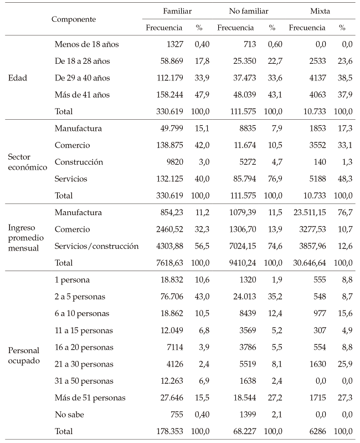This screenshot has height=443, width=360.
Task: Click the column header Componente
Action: click(x=74, y=19)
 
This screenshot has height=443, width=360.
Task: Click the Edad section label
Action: click(x=18, y=78)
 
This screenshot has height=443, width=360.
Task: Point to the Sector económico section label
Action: click(x=27, y=162)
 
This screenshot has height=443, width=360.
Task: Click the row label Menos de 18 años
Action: click(x=86, y=44)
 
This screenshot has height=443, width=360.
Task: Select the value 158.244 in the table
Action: click(x=169, y=95)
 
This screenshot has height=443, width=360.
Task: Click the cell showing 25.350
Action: click(x=242, y=61)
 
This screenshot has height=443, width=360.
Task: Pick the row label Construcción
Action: click(x=79, y=162)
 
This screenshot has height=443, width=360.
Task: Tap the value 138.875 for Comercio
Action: click(x=169, y=146)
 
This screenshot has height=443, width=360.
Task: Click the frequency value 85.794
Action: click(x=242, y=179)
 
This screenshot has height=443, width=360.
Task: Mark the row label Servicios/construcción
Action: click(x=96, y=246)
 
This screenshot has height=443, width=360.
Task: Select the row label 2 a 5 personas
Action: click(x=80, y=297)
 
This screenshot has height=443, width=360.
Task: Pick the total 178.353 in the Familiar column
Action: click(x=169, y=431)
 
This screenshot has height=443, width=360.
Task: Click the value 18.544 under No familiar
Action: click(x=242, y=397)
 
